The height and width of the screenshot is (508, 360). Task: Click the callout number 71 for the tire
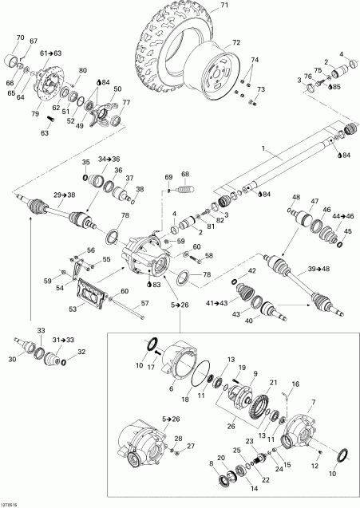pyautogui.click(x=224, y=6)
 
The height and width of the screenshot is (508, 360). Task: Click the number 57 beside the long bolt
pyautogui.click(x=145, y=304)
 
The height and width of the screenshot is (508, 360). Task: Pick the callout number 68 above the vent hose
pyautogui.click(x=185, y=174)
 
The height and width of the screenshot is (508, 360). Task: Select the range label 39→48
pyautogui.click(x=318, y=269)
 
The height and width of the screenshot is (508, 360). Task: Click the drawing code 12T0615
pyautogui.click(x=12, y=503)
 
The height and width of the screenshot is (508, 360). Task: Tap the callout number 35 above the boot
pyautogui.click(x=85, y=163)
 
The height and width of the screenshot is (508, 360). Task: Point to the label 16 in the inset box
pyautogui.click(x=295, y=384)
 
